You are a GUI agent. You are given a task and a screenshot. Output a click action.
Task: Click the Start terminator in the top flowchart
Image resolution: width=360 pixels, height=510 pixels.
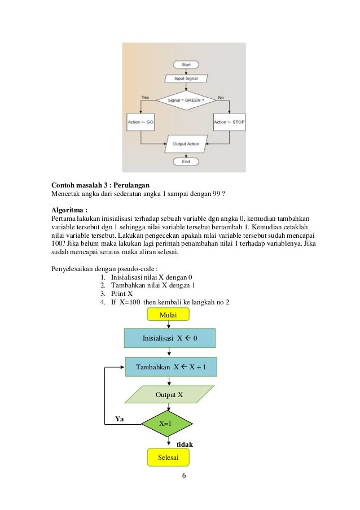[x=186, y=65]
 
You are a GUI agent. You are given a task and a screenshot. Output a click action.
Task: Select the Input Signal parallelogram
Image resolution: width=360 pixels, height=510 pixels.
[x=186, y=79]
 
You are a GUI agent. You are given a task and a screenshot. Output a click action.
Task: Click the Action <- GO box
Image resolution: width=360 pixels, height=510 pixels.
[x=141, y=121]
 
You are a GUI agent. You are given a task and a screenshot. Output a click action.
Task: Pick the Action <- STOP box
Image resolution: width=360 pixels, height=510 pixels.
[x=230, y=121]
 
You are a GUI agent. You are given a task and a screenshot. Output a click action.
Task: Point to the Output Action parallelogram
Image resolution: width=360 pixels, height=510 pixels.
[x=186, y=144]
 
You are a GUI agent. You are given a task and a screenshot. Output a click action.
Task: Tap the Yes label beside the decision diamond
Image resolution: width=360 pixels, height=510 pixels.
[x=145, y=97]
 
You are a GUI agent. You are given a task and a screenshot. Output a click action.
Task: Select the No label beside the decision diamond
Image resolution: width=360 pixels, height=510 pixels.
[x=221, y=97]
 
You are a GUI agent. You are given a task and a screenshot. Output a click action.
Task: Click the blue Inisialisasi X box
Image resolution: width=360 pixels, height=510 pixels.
[x=169, y=339]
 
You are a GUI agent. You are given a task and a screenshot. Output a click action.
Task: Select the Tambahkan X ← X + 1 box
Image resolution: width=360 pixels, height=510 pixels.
[x=170, y=367]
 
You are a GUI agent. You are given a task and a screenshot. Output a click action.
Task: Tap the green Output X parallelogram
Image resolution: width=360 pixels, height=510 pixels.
[x=169, y=395]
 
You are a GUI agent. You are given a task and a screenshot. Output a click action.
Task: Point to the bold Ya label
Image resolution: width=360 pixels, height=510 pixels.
[x=120, y=419]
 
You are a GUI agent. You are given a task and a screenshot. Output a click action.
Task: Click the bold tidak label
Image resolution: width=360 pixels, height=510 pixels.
[x=185, y=444]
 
